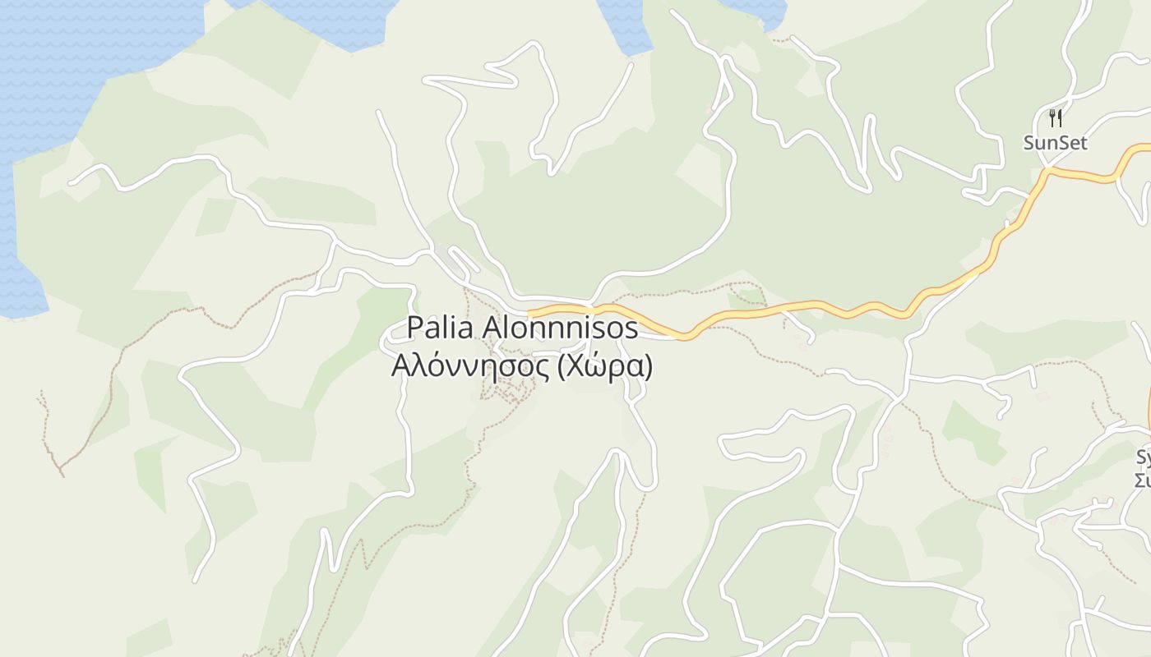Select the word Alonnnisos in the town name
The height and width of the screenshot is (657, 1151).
[x=560, y=328]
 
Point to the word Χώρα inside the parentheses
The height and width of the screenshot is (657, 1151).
[x=604, y=366]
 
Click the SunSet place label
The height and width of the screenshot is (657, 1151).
[x=1055, y=143]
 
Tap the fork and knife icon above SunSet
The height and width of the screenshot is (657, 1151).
[x=1056, y=118]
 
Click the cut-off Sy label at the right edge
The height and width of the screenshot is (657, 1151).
[x=1144, y=458]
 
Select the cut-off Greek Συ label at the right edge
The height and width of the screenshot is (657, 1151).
[x=1143, y=480]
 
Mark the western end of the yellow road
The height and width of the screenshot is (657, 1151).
[x=531, y=314]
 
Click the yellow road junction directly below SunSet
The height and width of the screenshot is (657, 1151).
[x=1047, y=171]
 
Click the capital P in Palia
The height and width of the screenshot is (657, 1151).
[x=415, y=328]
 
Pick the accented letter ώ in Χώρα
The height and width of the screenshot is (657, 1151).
[x=594, y=366]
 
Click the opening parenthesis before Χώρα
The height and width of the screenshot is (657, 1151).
[x=562, y=367]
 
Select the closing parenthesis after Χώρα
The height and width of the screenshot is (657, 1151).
[x=649, y=367]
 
